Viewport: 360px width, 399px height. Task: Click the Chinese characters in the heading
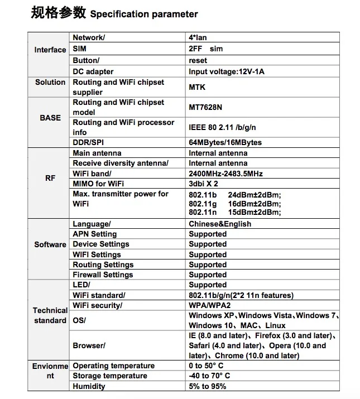pos(58,12)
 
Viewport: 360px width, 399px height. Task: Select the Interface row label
pos(50,50)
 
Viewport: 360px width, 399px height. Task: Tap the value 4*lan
pos(199,37)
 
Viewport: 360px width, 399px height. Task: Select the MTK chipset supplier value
pos(197,87)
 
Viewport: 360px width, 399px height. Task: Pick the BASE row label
pos(50,118)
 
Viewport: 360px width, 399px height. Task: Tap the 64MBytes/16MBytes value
pos(225,142)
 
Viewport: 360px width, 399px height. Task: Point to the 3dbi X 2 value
pos(203,184)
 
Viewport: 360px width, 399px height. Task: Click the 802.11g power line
pos(234,204)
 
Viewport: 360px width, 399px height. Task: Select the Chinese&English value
pos(219,224)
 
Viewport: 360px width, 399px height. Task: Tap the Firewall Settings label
pos(103,275)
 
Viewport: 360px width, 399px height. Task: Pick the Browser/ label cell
pos(89,345)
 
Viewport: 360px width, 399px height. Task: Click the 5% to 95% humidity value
pos(207,386)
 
